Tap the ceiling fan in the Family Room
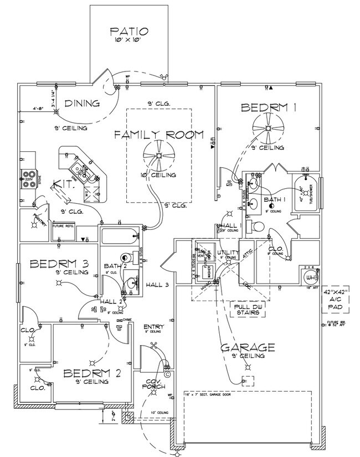(x=158, y=156)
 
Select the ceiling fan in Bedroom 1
(x=268, y=129)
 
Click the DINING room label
(x=81, y=103)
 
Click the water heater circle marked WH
(x=310, y=276)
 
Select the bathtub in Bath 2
(x=119, y=235)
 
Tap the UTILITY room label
(x=228, y=253)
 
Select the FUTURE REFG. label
(x=63, y=226)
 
